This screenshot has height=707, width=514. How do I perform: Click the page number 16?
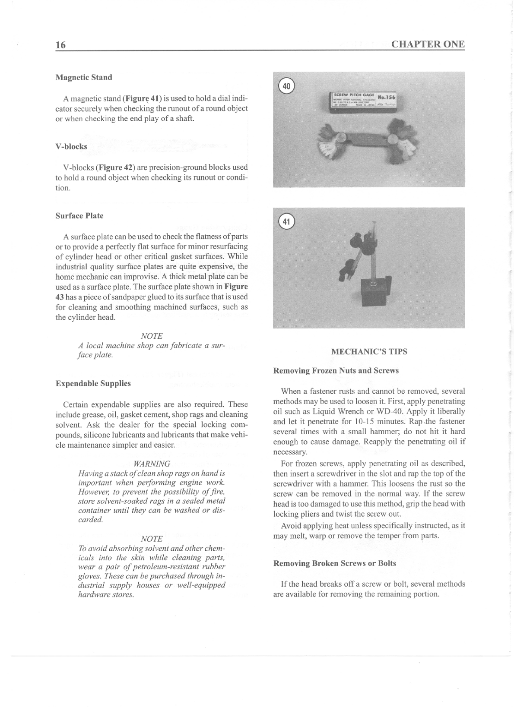click(x=60, y=45)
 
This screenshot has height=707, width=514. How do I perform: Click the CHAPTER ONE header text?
click(x=428, y=44)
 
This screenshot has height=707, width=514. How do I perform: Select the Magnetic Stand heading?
click(x=84, y=78)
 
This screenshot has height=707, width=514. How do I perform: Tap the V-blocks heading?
click(x=71, y=147)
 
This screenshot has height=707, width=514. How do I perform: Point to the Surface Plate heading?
click(x=79, y=216)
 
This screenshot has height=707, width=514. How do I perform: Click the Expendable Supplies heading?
click(x=93, y=384)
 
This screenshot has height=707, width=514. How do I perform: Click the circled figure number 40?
click(x=286, y=86)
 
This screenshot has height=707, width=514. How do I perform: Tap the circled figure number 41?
click(x=286, y=222)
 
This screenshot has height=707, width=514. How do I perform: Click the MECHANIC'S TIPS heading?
click(x=369, y=352)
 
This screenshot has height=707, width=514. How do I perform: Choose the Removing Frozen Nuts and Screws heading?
click(x=336, y=371)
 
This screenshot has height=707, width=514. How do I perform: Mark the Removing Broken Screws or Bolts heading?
click(x=335, y=564)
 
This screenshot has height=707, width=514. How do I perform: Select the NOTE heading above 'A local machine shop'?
click(x=152, y=336)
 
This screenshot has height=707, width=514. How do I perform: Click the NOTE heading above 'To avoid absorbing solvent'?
click(x=152, y=539)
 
